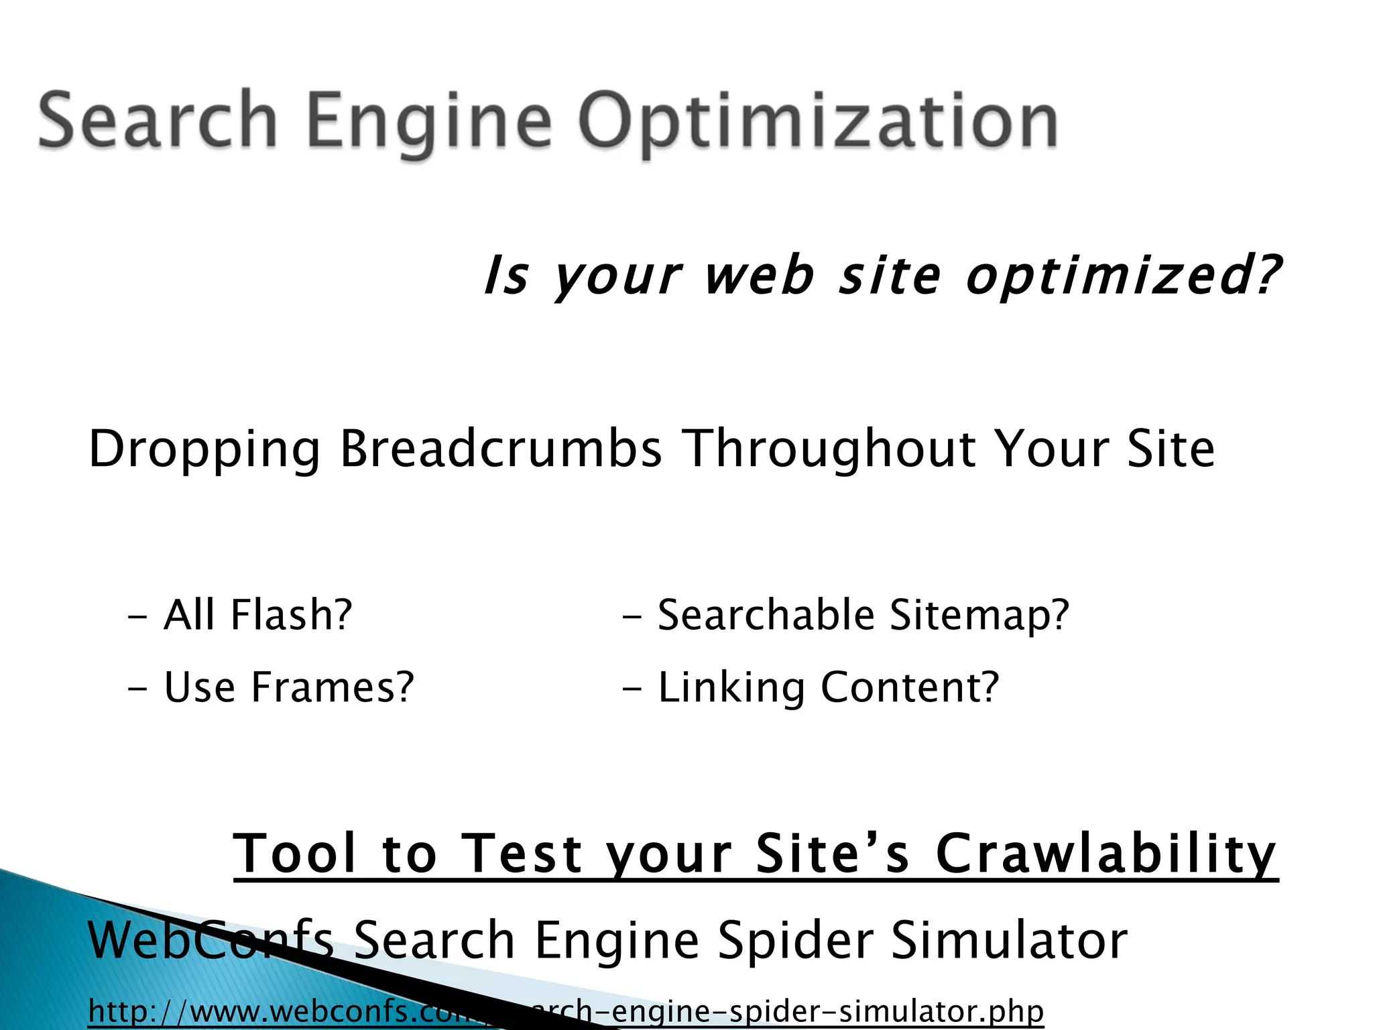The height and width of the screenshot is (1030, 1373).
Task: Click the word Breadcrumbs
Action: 501,449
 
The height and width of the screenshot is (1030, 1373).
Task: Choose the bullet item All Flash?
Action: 257,615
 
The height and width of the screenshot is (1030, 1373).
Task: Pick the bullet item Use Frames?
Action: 289,687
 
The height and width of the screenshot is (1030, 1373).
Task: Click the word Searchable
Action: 766,615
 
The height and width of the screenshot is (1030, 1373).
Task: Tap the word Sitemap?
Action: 979,615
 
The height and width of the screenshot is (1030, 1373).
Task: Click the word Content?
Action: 910,687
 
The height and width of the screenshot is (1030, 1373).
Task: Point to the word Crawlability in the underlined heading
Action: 1106,854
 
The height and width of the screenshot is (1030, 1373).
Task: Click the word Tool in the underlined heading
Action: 294,854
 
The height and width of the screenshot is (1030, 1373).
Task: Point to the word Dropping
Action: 204,449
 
